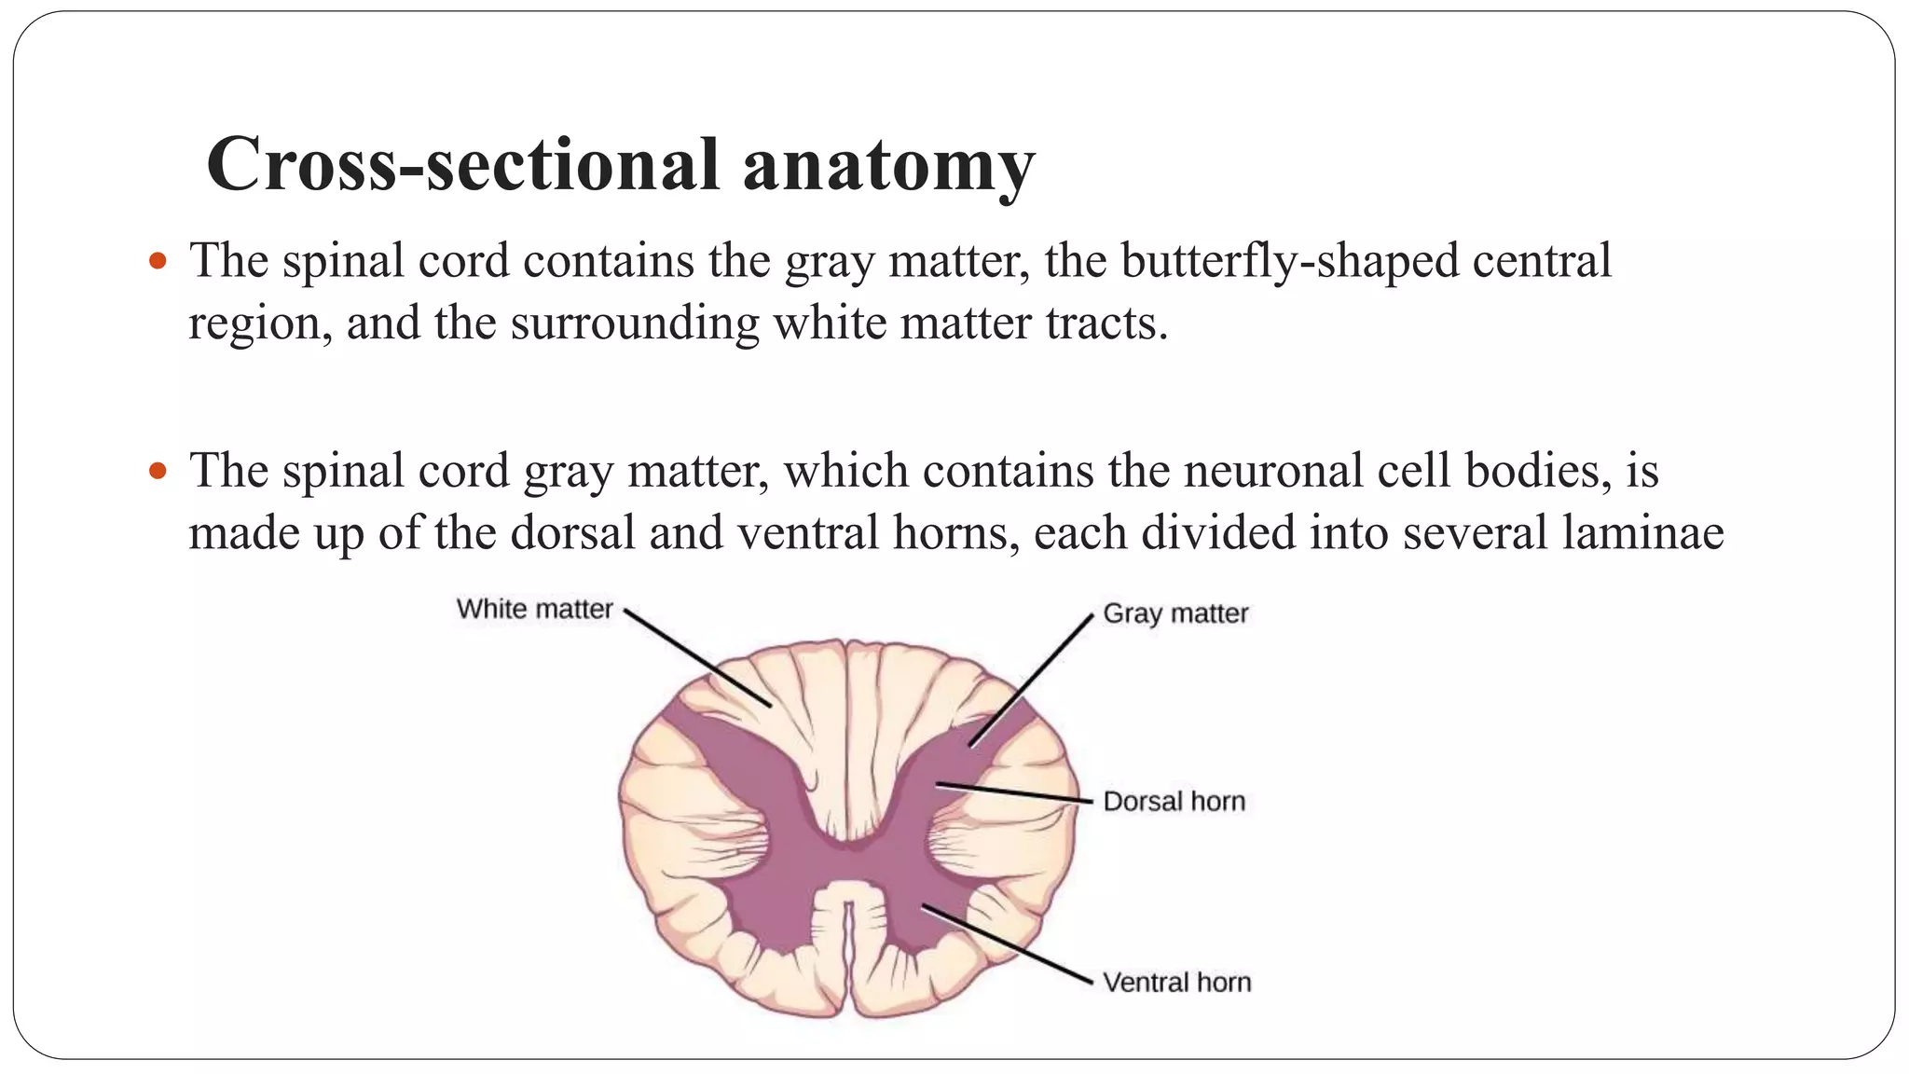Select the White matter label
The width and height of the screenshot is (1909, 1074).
(534, 609)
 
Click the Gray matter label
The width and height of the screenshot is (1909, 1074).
(1174, 613)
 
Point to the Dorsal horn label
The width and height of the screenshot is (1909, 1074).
(1174, 801)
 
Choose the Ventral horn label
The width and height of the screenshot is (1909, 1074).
(1176, 982)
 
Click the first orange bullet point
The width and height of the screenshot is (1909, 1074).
(158, 260)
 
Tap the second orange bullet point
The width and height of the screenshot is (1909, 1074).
(158, 470)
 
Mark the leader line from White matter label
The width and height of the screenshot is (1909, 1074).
(696, 658)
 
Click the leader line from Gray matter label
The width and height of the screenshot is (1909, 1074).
(1031, 681)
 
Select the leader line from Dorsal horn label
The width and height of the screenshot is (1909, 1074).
(1014, 792)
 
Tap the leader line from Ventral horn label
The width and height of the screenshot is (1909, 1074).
(1007, 943)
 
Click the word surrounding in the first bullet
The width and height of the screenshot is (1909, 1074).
(634, 324)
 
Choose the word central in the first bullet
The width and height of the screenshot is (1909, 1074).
(1542, 261)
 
